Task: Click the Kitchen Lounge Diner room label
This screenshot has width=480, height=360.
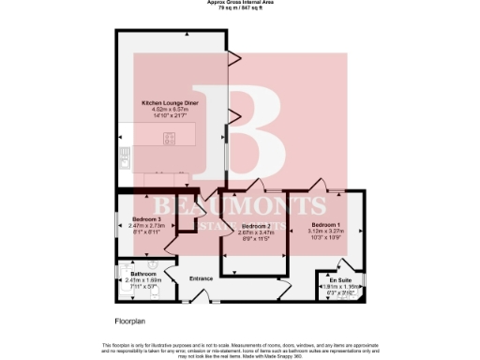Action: (x=170, y=102)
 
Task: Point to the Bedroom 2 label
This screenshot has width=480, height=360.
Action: (x=256, y=226)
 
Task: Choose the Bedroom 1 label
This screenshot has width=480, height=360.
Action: (x=325, y=225)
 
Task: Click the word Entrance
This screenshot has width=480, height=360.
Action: (x=202, y=278)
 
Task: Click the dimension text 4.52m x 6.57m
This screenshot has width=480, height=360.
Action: (x=170, y=109)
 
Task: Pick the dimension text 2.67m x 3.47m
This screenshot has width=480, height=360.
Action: (x=256, y=232)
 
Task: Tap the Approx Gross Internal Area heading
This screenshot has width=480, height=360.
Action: (x=240, y=3)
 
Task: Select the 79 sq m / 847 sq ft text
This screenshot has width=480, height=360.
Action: (x=240, y=8)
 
